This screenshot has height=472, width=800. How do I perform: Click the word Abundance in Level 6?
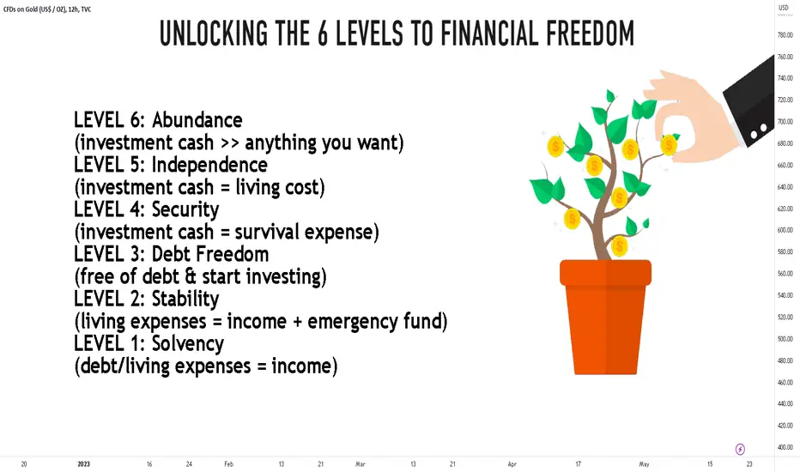197,120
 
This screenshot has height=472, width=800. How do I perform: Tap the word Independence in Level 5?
209,165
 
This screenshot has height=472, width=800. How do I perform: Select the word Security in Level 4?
185,209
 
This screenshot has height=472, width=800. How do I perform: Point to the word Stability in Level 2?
185,299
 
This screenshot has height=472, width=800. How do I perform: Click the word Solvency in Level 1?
188,344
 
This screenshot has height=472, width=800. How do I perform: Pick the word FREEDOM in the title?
590,33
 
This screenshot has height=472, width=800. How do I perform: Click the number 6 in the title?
323,33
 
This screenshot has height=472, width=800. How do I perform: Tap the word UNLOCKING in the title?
214,33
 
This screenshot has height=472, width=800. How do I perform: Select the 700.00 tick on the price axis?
785,122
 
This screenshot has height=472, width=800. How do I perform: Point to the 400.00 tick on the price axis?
785,447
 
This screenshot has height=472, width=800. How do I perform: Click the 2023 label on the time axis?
83,463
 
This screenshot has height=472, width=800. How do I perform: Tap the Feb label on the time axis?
228,463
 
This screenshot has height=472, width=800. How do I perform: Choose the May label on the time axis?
644,463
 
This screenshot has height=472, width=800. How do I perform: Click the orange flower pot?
606,317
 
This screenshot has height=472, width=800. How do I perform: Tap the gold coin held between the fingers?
669,145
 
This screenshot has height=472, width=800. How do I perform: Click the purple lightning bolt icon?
740,449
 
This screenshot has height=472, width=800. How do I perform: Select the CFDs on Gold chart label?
47,9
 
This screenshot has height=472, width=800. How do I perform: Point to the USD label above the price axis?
783,8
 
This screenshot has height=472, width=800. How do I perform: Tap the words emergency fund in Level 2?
378,322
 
